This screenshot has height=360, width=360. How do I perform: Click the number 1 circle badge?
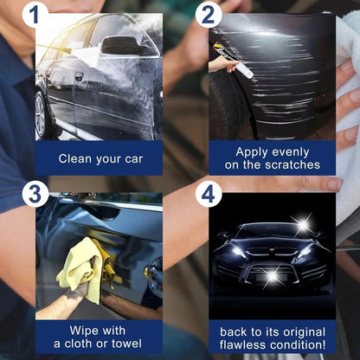[x=35, y=15]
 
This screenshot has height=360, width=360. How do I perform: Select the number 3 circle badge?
[x=35, y=193]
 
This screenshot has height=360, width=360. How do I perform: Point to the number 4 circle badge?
[x=209, y=194]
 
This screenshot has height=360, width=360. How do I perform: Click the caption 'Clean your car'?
[x=98, y=158]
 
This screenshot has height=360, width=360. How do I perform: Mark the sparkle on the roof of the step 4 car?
[x=302, y=226]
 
